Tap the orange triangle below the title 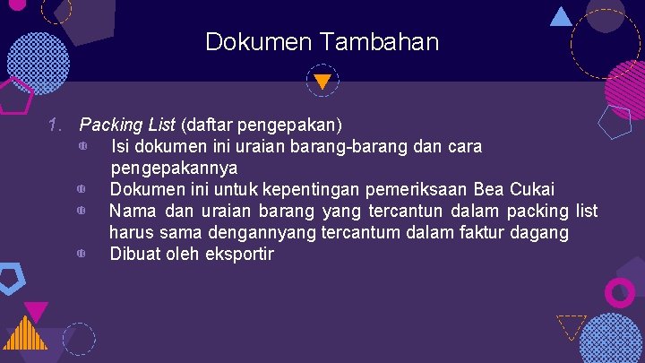pyautogui.click(x=322, y=82)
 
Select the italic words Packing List pyautogui.click(x=128, y=125)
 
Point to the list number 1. pyautogui.click(x=56, y=125)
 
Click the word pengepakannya pyautogui.click(x=174, y=168)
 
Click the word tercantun pyautogui.click(x=392, y=211)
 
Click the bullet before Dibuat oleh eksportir pyautogui.click(x=81, y=255)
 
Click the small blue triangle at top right pyautogui.click(x=561, y=16)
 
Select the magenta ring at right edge pyautogui.click(x=620, y=292)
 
